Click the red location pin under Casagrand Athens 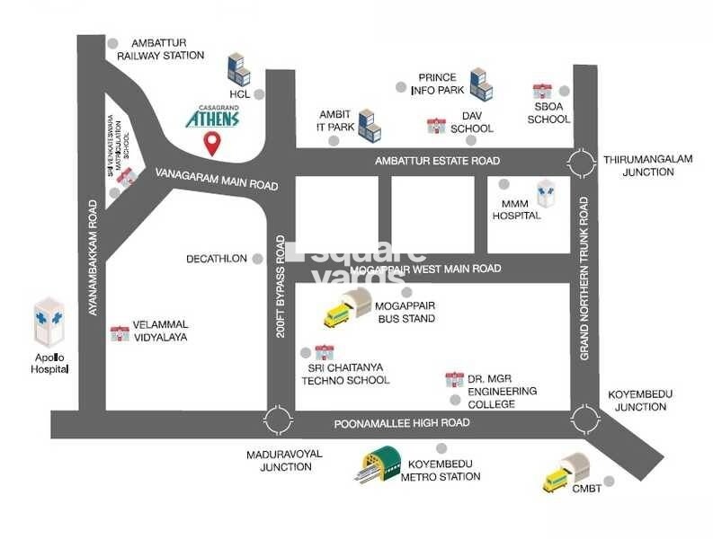(x=212, y=143)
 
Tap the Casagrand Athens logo (x=213, y=115)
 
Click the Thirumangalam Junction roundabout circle (x=582, y=163)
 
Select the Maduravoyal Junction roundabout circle (x=279, y=420)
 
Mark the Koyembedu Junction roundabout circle (x=584, y=420)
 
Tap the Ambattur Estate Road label (x=436, y=161)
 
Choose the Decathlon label (x=216, y=259)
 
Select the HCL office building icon (x=238, y=69)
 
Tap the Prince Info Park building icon (x=481, y=83)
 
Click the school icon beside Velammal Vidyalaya (x=119, y=333)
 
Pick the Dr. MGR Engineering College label (x=502, y=392)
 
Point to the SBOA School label (x=548, y=112)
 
